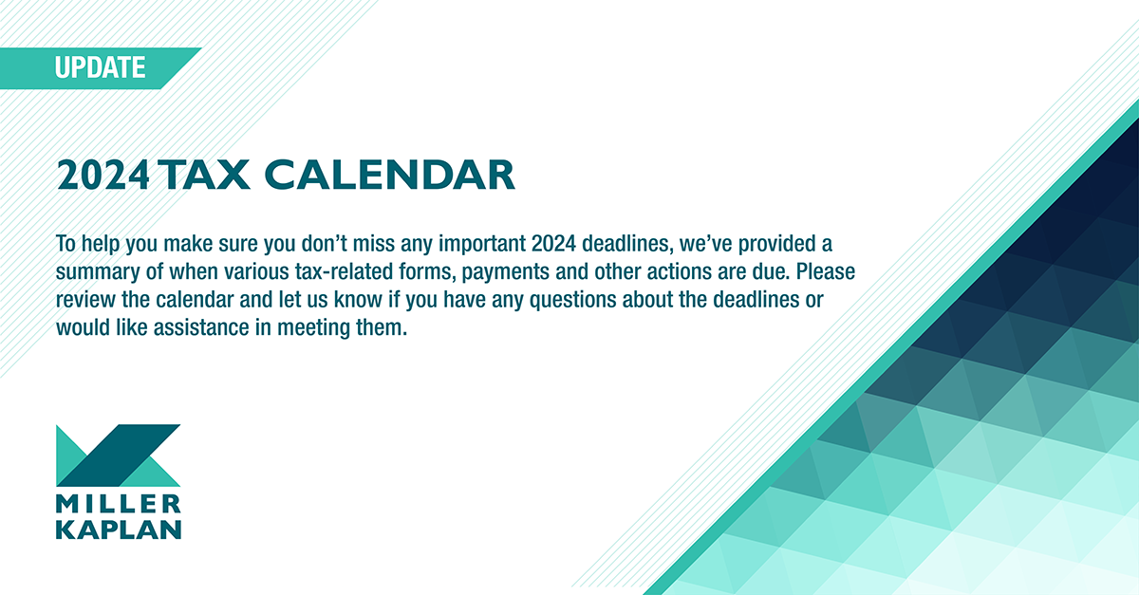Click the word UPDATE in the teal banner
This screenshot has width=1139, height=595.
coord(101,67)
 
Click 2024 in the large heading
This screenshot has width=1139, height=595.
coord(103,175)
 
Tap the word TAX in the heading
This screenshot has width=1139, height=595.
coord(205,175)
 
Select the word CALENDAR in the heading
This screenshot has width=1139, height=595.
coord(390,175)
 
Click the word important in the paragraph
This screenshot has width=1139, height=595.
coord(482,244)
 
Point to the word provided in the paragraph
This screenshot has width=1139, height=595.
coord(777,244)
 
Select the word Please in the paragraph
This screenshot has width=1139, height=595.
coord(826,271)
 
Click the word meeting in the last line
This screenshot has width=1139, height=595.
coord(313,328)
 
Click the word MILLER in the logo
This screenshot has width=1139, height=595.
coord(119,505)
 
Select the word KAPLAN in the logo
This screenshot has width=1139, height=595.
coord(119,530)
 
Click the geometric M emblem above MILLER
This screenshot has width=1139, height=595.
coord(118,456)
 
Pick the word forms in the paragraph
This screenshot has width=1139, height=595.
coord(425,271)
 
